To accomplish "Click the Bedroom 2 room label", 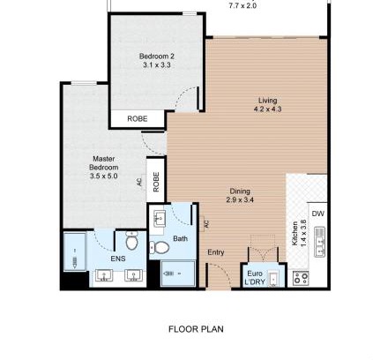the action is tap(157, 56).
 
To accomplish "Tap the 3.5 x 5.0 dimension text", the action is tap(104, 176).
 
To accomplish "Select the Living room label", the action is tap(267, 101).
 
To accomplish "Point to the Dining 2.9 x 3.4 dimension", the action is tap(240, 200).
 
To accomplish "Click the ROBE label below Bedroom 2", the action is tap(138, 119).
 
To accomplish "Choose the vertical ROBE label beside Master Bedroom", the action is tap(156, 182).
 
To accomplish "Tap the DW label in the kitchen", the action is tap(317, 214).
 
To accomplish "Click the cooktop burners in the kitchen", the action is tap(301, 278).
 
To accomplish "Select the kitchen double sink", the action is tap(319, 242).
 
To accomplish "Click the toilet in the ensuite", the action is tap(132, 240).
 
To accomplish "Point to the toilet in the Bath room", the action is tap(159, 248).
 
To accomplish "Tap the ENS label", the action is tap(118, 259).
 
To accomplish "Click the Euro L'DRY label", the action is tap(255, 278).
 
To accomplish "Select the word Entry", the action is tap(216, 252).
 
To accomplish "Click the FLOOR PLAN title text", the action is tap(196, 329).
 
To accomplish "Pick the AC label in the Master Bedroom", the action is tap(139, 182).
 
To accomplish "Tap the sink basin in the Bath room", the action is tap(160, 219).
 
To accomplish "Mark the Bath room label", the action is tap(180, 238).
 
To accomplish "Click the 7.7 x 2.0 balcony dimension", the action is tap(242, 6).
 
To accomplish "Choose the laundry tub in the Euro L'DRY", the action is tap(273, 279).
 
